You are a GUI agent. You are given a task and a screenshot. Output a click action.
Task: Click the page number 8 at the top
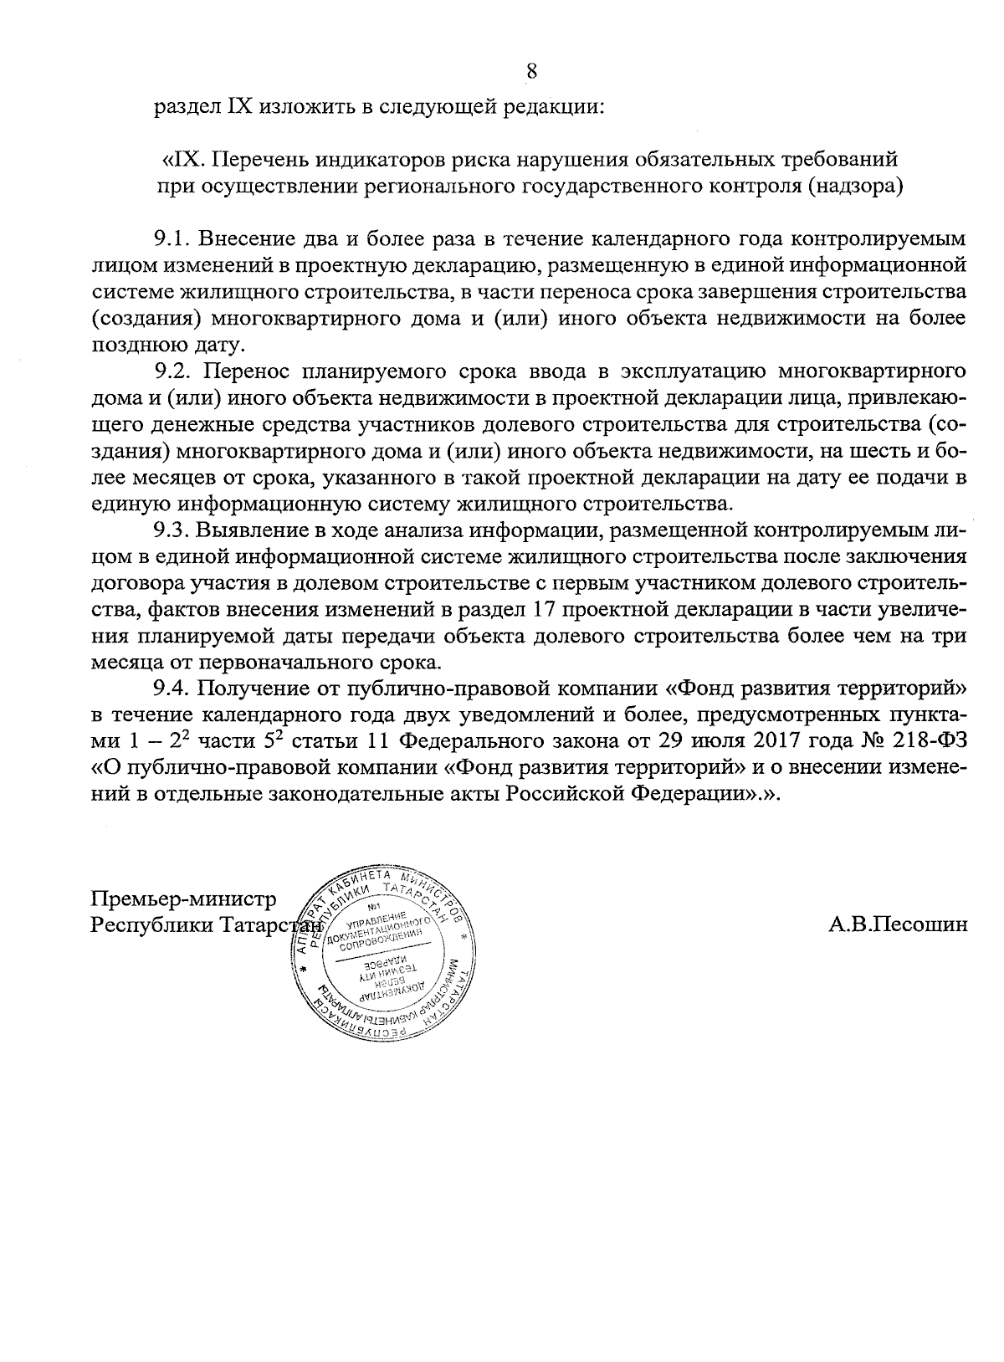pos(531,71)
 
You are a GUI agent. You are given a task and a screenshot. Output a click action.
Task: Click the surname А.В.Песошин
pos(898,924)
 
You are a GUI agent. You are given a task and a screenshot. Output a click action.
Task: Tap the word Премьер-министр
pos(183,900)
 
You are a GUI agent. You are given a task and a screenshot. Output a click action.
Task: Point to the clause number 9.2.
pos(173,372)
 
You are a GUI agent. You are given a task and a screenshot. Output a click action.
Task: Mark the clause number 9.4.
pos(174,690)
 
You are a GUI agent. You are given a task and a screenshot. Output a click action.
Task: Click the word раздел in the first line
pos(182,107)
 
